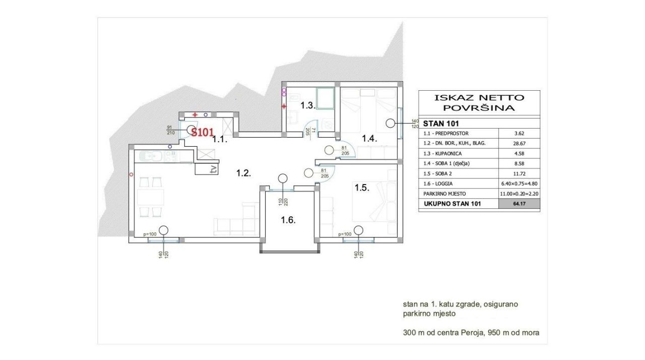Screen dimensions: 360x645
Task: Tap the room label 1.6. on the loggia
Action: click(288, 220)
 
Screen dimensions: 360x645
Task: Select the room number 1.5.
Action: click(362, 188)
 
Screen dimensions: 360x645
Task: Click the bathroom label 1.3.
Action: click(308, 105)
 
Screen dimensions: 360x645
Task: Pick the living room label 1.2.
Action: click(243, 173)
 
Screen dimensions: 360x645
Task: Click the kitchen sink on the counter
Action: click(150, 157)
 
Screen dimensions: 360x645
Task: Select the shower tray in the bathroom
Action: click(326, 98)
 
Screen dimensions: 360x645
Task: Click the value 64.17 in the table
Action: click(519, 204)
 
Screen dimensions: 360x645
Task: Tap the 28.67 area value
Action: click(519, 143)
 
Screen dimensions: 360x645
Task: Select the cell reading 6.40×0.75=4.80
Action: click(519, 184)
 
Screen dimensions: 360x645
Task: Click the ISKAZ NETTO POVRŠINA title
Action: click(479, 102)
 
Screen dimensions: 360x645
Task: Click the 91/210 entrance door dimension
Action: click(170, 130)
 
